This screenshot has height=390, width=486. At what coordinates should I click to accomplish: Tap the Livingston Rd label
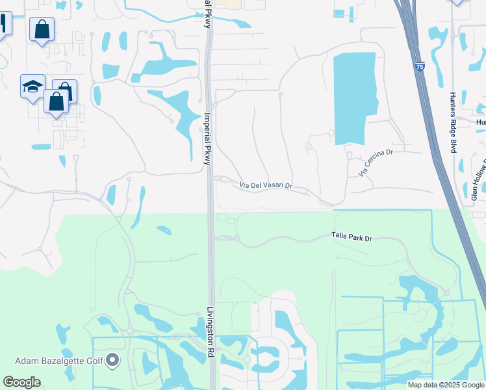coord(211,331)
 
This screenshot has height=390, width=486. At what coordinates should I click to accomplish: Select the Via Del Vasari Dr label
coord(266,187)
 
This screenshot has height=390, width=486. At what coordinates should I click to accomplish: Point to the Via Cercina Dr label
coord(376,162)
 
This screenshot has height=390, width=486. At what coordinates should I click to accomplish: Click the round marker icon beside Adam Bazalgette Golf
coord(113,359)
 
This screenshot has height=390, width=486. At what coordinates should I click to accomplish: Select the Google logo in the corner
coord(21,382)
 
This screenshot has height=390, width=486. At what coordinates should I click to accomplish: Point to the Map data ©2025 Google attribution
coord(446,385)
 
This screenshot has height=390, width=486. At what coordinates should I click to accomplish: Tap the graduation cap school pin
coord(32,87)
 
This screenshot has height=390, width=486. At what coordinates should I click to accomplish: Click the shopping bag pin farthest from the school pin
coord(42,29)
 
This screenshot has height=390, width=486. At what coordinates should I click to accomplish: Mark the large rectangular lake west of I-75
coord(355,97)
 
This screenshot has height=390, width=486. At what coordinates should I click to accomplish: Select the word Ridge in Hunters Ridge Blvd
coord(453,128)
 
